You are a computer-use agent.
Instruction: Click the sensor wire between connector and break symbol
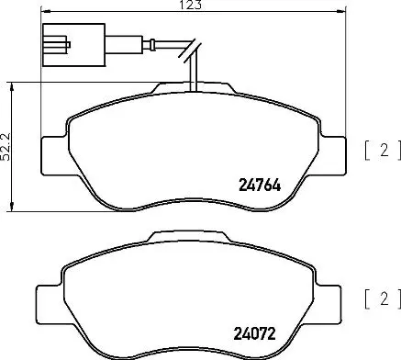tap(138, 41)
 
